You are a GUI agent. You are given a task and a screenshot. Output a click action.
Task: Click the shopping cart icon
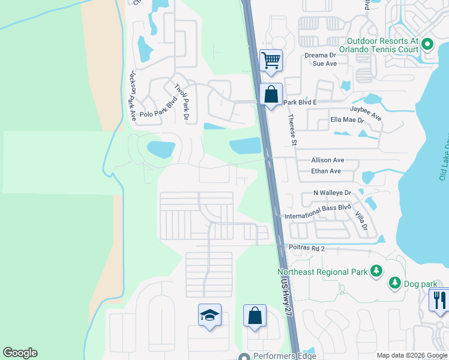pyautogui.click(x=271, y=60)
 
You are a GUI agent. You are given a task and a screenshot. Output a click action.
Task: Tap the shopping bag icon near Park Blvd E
pyautogui.click(x=271, y=95)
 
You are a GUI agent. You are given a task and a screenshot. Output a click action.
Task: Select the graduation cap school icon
pyautogui.click(x=210, y=315)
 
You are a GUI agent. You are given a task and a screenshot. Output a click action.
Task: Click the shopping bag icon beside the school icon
pyautogui.click(x=255, y=316)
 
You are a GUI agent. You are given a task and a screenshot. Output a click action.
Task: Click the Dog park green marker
pyautogui.click(x=395, y=282)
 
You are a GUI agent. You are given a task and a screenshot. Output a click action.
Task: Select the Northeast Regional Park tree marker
pyautogui.click(x=376, y=272)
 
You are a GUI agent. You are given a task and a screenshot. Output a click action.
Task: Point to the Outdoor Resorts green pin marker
pyautogui.click(x=427, y=44)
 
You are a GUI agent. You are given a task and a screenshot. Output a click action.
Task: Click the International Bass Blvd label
pyautogui.click(x=317, y=215)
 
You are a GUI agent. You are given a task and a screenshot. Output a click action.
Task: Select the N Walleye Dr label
pyautogui.click(x=332, y=193)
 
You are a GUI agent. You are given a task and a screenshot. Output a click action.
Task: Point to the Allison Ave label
pyautogui.click(x=327, y=160)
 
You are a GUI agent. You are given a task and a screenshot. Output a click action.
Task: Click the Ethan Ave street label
pyautogui.click(x=326, y=171)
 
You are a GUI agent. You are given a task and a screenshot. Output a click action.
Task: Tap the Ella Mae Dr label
pyautogui.click(x=348, y=120)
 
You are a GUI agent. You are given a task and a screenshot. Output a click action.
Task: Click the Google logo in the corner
pyautogui.click(x=20, y=353)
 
